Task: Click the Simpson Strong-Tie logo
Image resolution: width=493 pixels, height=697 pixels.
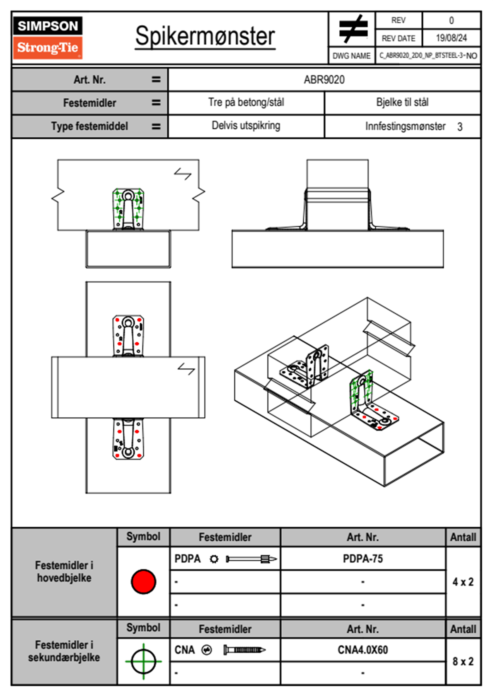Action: (48, 38)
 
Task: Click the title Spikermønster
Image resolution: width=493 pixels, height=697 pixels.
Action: (205, 36)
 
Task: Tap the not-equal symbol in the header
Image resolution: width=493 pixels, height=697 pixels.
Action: (353, 29)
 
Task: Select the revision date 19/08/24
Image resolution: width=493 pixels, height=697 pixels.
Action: (451, 38)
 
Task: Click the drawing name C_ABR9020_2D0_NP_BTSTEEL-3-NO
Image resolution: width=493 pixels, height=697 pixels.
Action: (428, 56)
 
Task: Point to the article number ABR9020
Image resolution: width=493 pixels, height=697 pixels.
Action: (324, 80)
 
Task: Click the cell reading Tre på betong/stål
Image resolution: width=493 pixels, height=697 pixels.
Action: (246, 102)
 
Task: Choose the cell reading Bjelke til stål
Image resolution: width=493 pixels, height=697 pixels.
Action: (402, 102)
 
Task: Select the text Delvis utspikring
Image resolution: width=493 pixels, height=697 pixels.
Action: (246, 126)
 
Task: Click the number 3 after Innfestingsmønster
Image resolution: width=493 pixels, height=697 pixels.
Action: (460, 127)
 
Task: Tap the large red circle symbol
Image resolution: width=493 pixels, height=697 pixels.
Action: (143, 581)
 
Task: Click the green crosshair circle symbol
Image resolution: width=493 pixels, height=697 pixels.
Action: (143, 661)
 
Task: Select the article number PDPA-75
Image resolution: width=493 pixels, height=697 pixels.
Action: (362, 559)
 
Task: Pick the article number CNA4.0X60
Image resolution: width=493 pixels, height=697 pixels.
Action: (362, 650)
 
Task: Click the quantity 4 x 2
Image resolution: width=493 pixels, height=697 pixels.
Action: (463, 582)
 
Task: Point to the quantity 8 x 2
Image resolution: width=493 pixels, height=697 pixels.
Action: (463, 661)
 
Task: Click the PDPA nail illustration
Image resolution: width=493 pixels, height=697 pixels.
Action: (251, 559)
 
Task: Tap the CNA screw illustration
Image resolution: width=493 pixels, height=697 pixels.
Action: (244, 650)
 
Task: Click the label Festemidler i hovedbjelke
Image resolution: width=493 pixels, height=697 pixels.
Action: (64, 571)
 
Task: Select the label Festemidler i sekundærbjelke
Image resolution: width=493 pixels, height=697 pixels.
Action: (64, 651)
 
